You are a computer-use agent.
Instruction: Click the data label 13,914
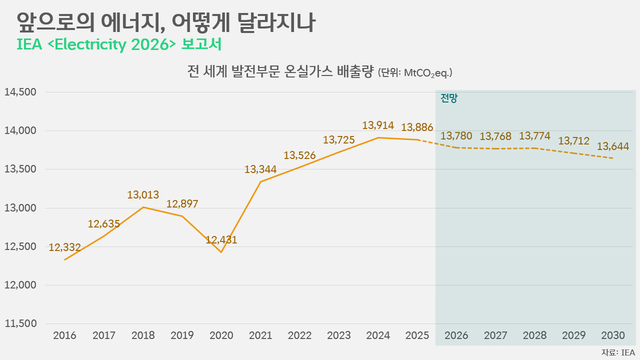(x=378, y=125)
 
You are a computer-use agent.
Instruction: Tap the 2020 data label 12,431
(x=221, y=240)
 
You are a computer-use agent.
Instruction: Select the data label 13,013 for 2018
(x=143, y=195)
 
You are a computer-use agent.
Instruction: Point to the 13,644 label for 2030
(x=613, y=146)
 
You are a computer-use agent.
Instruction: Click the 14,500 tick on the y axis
(x=20, y=92)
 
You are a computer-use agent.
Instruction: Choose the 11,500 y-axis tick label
(x=20, y=323)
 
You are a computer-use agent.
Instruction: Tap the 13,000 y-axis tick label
(x=20, y=208)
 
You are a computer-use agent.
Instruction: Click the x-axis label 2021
(x=260, y=335)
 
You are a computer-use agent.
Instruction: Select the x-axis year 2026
(x=456, y=335)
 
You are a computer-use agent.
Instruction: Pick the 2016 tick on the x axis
(x=65, y=335)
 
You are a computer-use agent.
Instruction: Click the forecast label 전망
(x=449, y=98)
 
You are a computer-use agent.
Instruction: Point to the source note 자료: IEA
(x=618, y=352)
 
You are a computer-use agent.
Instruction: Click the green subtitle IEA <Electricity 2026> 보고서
(x=119, y=44)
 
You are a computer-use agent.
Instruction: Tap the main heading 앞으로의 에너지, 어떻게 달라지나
(x=166, y=22)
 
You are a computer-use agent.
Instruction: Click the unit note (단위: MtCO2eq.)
(x=415, y=73)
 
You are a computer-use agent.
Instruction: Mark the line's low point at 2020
(x=221, y=252)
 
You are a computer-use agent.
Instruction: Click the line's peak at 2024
(x=378, y=137)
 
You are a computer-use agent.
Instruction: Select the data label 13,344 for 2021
(x=260, y=169)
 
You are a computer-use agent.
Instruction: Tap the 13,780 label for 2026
(x=456, y=136)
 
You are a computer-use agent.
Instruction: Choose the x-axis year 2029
(x=574, y=335)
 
